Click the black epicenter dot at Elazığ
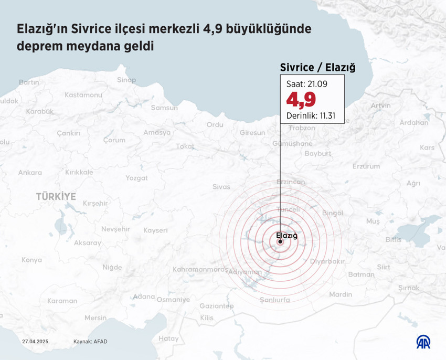(280, 242)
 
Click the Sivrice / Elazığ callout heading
(317, 67)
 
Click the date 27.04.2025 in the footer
(35, 342)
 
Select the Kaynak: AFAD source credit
(90, 342)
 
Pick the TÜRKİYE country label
(56, 196)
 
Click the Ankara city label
(30, 172)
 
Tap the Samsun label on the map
(164, 108)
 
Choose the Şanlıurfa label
(275, 300)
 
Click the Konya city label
(31, 260)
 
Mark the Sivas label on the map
(221, 186)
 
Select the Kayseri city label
(155, 230)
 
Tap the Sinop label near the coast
(126, 80)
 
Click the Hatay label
(168, 338)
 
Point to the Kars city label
(427, 147)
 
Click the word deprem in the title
(38, 46)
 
